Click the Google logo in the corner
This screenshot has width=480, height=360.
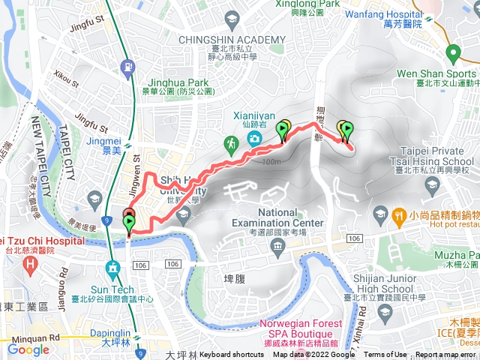pos(28,349)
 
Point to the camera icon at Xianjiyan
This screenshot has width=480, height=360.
pos(253,137)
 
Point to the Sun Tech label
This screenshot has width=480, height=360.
pos(112,289)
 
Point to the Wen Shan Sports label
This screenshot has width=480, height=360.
pos(441,74)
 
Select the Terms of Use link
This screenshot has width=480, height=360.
pos(385,355)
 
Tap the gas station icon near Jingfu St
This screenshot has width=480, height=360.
pos(130,69)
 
